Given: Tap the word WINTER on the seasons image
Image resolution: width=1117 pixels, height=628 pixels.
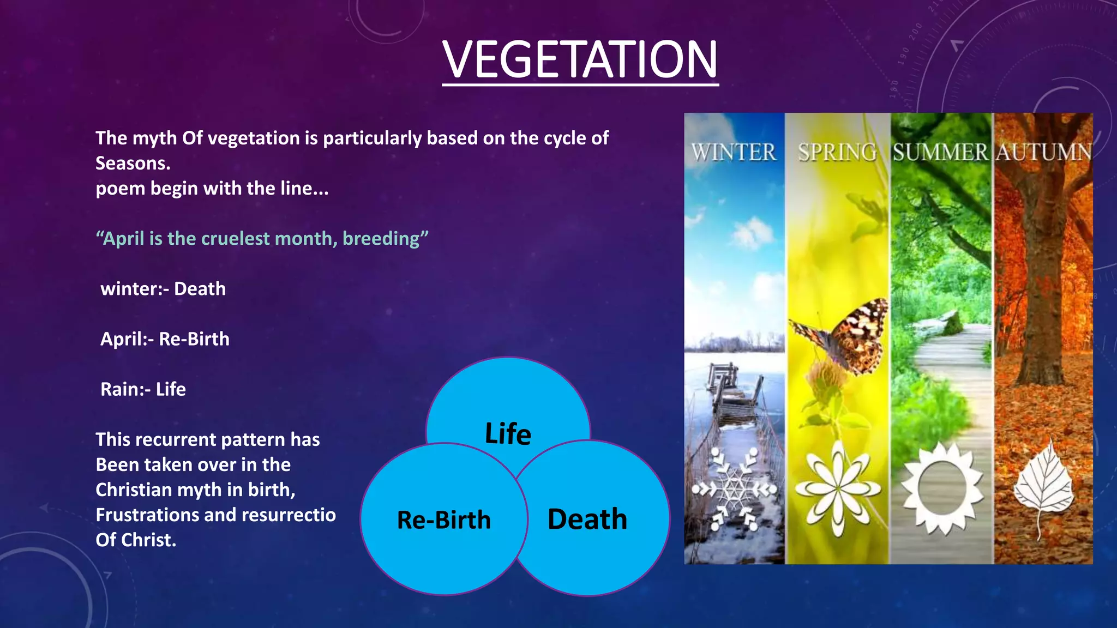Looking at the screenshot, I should click(x=734, y=152).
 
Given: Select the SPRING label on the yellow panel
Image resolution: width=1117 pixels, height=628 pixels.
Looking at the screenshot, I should click(x=837, y=152).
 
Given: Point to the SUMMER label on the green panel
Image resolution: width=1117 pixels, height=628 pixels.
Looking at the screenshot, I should click(x=940, y=152).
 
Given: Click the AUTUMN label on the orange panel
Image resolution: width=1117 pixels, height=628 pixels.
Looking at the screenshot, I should click(x=1044, y=152).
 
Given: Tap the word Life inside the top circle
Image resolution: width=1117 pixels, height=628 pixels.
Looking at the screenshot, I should click(x=508, y=434).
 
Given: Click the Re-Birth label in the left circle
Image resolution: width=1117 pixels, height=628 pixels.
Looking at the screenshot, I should click(x=443, y=520).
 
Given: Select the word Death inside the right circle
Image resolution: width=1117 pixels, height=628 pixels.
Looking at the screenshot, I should click(x=587, y=519).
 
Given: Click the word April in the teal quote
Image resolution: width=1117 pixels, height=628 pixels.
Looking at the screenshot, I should click(x=124, y=239).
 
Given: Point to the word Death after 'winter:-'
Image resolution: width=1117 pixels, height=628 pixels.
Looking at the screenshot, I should click(x=200, y=289).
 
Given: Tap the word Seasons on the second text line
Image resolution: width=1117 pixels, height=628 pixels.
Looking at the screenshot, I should click(x=133, y=164).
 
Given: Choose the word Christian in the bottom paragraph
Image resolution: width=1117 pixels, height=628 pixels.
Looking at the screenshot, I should click(x=134, y=490).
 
